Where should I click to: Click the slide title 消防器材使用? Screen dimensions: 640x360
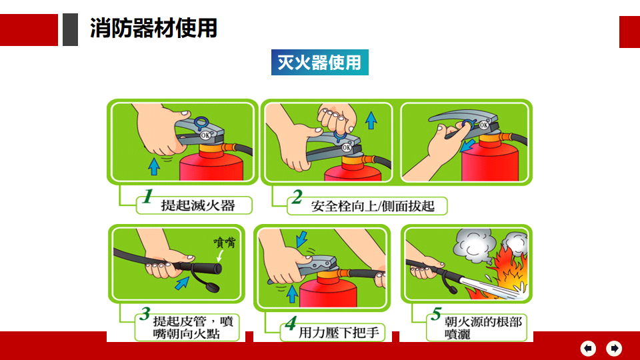(153, 28)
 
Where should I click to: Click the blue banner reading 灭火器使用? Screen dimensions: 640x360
(319, 63)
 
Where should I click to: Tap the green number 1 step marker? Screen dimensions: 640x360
(148, 196)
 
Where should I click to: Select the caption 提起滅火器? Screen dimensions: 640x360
(198, 205)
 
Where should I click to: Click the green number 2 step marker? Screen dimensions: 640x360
(297, 197)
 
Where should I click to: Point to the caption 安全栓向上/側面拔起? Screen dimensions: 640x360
(373, 206)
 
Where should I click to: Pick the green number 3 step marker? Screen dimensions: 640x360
(145, 313)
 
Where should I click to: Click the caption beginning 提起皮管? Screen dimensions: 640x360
(193, 327)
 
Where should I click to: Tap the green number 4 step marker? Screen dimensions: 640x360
(291, 323)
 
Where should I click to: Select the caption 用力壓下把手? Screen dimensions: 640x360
(339, 333)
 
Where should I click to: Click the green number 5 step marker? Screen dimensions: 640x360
(436, 313)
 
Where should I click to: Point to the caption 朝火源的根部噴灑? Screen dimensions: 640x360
(483, 328)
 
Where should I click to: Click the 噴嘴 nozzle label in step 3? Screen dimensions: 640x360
(225, 243)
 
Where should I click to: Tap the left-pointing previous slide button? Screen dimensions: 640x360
(588, 348)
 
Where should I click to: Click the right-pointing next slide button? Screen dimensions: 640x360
(614, 348)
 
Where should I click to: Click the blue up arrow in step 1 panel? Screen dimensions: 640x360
(154, 167)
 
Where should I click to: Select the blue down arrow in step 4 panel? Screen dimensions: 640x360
(301, 239)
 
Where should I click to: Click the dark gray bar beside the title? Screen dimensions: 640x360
(70, 29)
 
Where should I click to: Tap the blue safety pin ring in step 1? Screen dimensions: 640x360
(201, 123)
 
